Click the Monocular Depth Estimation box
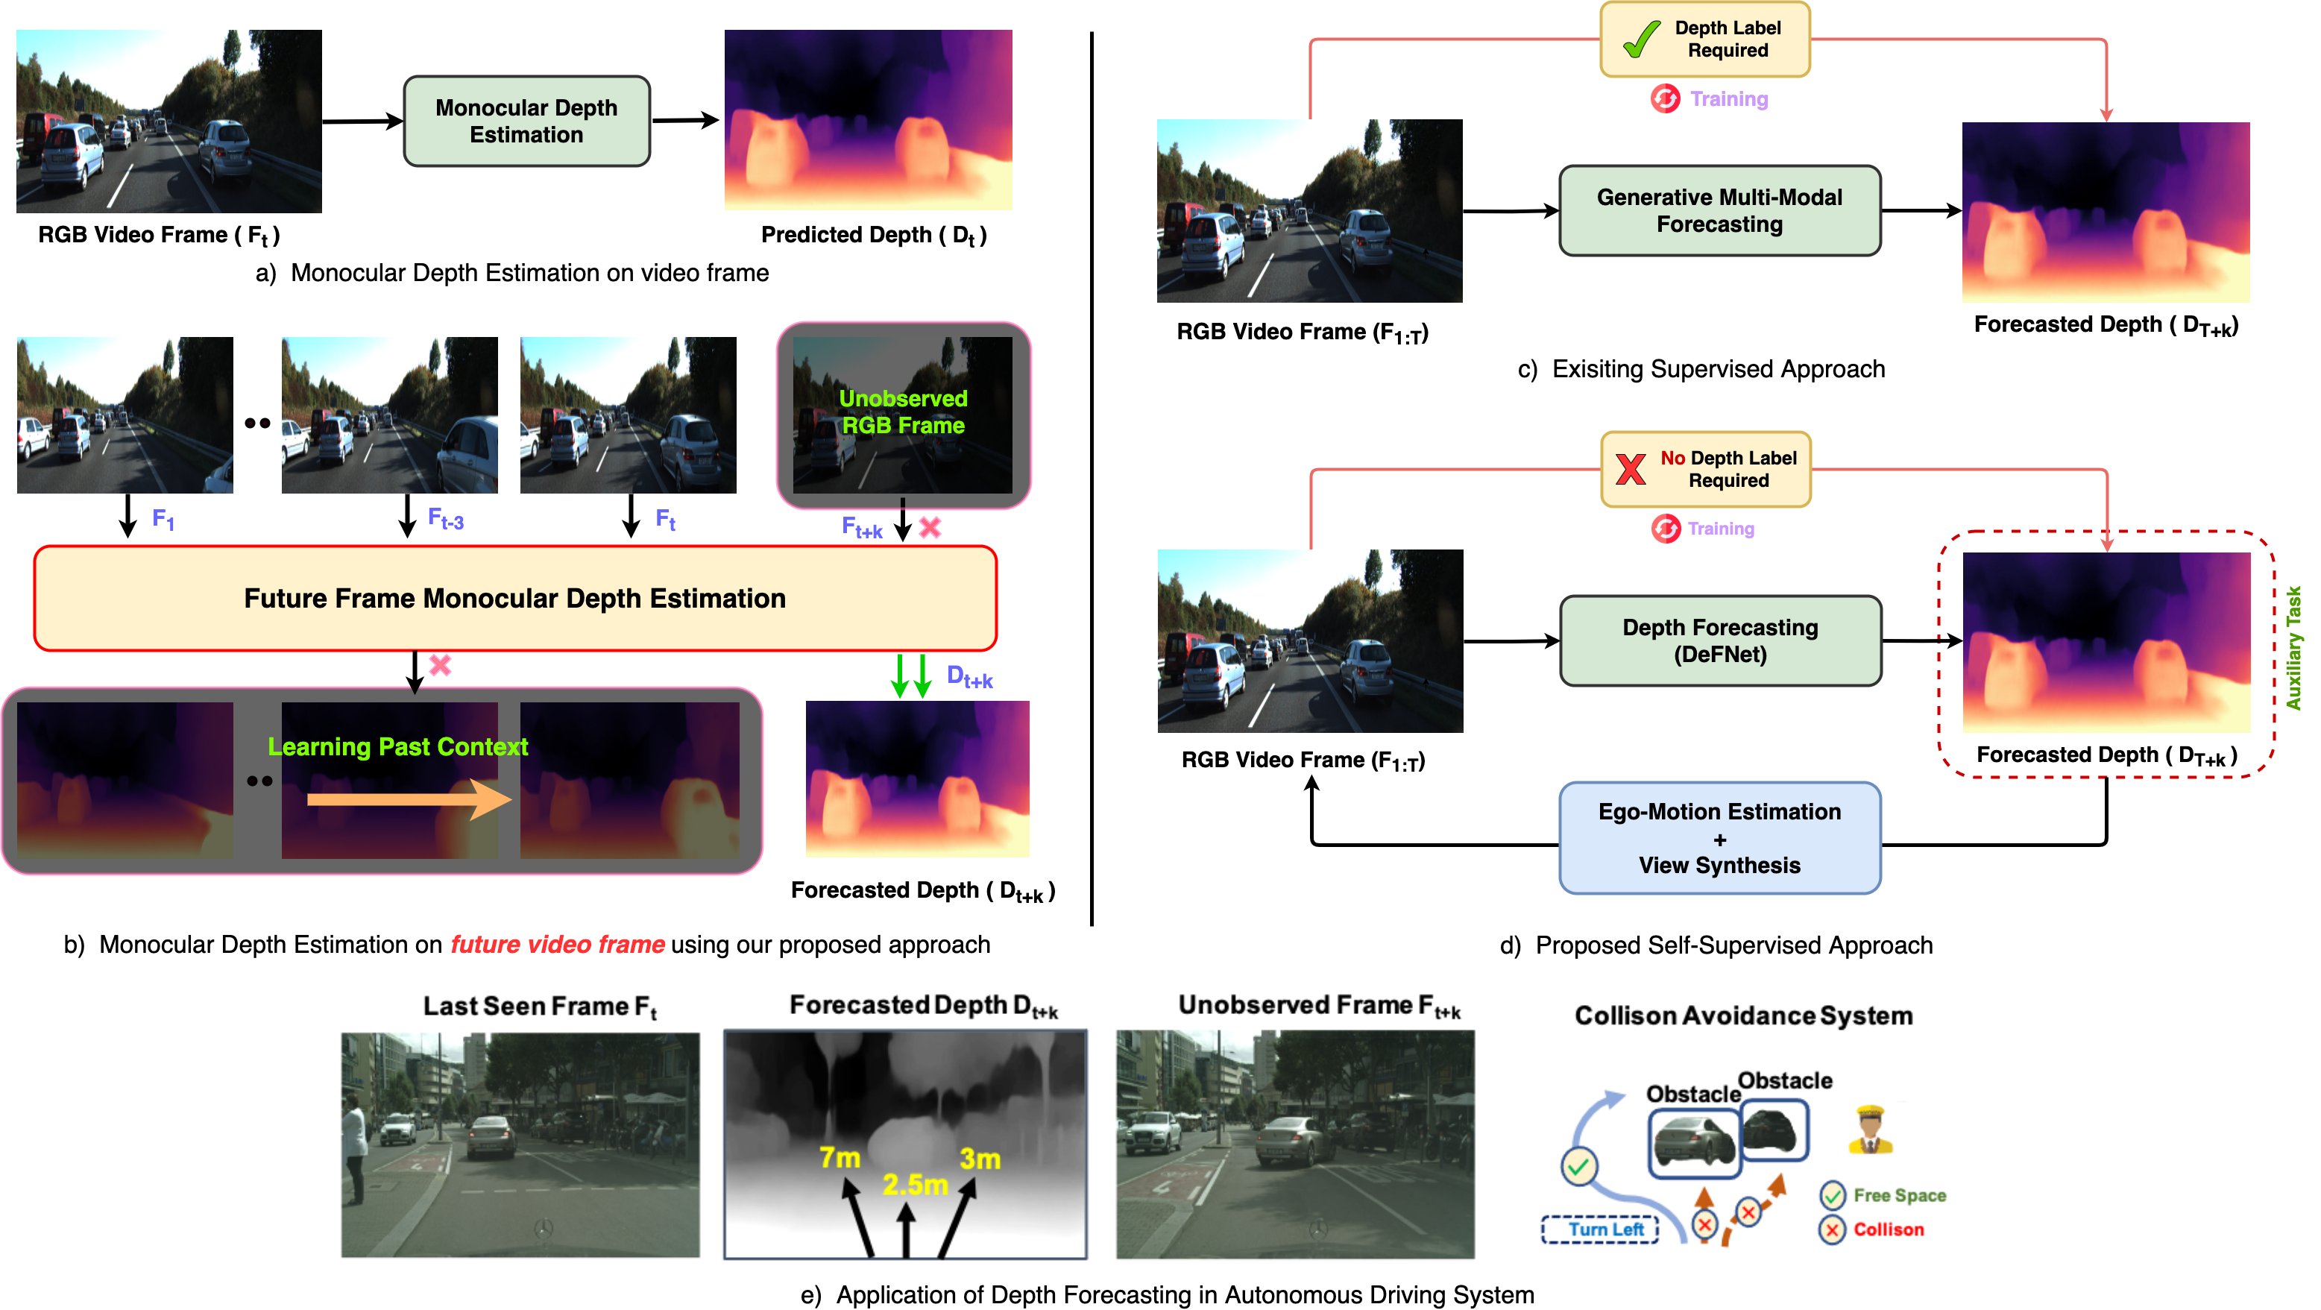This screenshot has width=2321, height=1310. (526, 121)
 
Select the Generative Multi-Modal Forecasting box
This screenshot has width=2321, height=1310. (1719, 210)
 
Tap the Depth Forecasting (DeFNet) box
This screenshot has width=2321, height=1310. (1719, 640)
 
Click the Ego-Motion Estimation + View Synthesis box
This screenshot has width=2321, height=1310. (1719, 838)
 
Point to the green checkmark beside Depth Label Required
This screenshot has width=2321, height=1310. (1641, 39)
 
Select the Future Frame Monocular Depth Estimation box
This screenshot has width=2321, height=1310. (514, 598)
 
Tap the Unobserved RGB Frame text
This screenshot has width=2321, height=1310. (903, 412)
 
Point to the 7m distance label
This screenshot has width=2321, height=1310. (840, 1158)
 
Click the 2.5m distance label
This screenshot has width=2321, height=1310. (915, 1185)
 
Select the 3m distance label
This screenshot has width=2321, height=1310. (980, 1159)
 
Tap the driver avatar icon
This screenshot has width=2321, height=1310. (1870, 1130)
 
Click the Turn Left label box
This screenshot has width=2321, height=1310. (1601, 1229)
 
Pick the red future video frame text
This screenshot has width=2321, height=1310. (558, 944)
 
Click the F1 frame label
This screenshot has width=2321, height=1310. (163, 519)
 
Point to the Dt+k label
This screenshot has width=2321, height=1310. (969, 677)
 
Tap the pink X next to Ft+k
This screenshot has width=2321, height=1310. (930, 527)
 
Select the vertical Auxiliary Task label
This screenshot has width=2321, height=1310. (2294, 648)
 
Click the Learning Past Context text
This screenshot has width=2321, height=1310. (397, 747)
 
